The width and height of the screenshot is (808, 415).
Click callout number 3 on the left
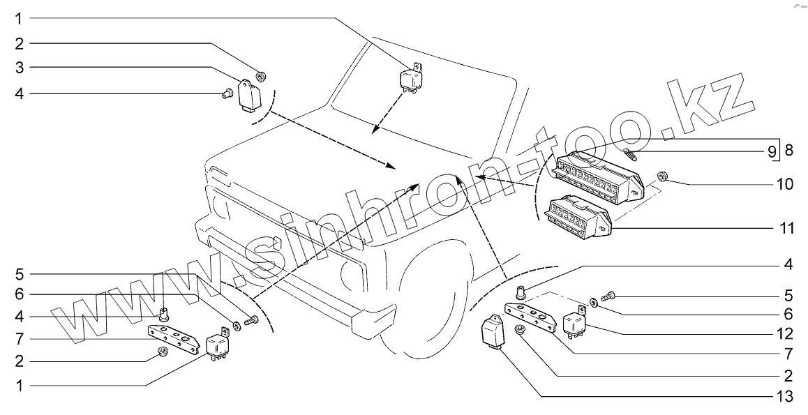20,68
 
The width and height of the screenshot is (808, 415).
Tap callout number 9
772,150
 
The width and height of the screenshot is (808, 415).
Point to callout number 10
784,184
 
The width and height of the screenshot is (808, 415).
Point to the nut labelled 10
664,176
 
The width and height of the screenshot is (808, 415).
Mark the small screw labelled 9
632,153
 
